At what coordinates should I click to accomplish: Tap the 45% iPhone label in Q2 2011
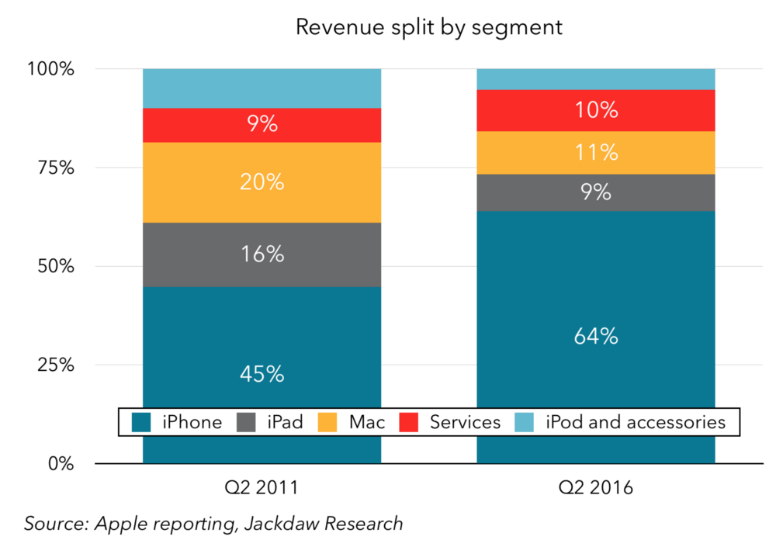coord(262,374)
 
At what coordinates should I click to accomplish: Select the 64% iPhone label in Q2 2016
coord(596,336)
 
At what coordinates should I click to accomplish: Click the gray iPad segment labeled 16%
coord(262,254)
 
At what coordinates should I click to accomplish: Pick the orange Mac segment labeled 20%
coord(262,182)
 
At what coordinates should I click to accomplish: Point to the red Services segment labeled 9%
coord(262,125)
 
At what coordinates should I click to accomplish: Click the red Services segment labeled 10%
coord(596,110)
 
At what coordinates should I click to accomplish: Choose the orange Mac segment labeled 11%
coord(596,153)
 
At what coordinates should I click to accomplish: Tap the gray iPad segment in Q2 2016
coord(596,192)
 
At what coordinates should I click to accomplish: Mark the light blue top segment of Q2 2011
coord(262,88)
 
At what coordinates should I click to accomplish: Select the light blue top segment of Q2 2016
coord(596,79)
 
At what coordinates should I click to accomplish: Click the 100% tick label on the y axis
coord(51,70)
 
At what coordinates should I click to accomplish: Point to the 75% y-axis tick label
coord(56,168)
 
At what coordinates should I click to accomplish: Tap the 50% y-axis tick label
coord(56,267)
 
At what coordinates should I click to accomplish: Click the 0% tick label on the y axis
coord(61,464)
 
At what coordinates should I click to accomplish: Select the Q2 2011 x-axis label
coord(262,488)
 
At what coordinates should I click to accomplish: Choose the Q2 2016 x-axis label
coord(596,488)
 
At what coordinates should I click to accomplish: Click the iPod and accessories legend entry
coord(635,422)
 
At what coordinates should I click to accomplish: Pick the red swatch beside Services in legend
coord(409,422)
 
